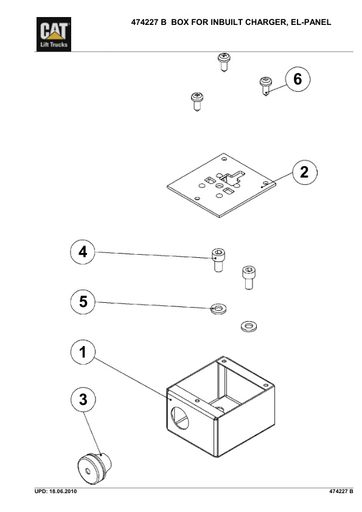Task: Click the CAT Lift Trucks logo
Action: click(x=54, y=34)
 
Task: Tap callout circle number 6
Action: click(x=298, y=79)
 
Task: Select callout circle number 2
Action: click(x=304, y=172)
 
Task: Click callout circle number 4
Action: click(x=83, y=252)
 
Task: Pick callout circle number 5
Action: click(x=83, y=302)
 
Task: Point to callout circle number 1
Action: click(x=83, y=352)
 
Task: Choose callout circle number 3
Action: click(x=83, y=400)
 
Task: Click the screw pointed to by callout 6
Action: click(x=266, y=86)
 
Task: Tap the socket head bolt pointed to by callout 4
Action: click(x=218, y=260)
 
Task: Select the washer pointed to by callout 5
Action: click(x=218, y=308)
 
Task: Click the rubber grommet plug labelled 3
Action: click(x=94, y=468)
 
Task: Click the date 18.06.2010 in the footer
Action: click(x=63, y=491)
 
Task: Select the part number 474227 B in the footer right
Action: click(x=341, y=491)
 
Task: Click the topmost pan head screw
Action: click(x=224, y=62)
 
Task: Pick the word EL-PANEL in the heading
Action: click(x=311, y=22)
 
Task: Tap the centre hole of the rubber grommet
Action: click(x=88, y=471)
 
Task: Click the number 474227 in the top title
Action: click(x=145, y=22)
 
